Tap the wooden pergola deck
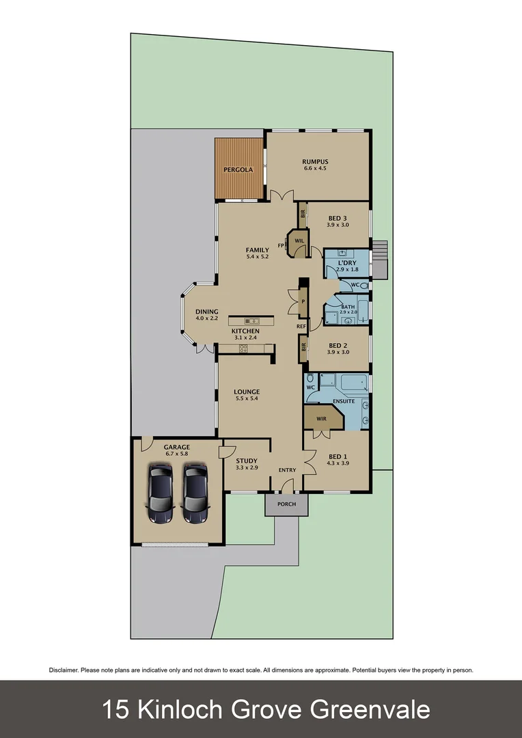click(238, 169)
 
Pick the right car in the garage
click(195, 493)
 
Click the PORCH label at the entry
click(287, 504)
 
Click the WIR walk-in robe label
click(321, 418)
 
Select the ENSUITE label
click(344, 401)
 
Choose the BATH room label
click(348, 307)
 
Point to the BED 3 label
click(338, 219)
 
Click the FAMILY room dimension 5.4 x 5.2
click(258, 257)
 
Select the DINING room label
click(207, 312)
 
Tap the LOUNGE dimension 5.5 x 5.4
click(247, 398)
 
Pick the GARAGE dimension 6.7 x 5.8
click(176, 454)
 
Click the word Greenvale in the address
click(370, 709)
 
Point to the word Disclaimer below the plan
click(64, 670)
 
